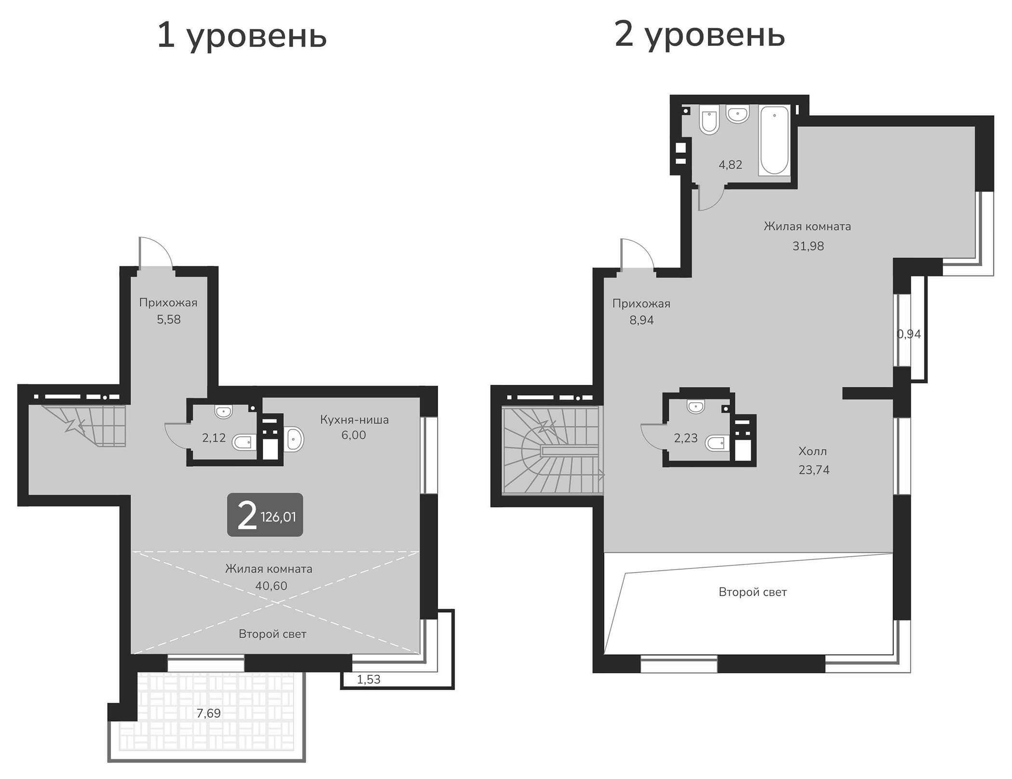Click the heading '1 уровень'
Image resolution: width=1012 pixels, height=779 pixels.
pyautogui.click(x=242, y=36)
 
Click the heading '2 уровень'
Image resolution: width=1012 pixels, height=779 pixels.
pyautogui.click(x=700, y=35)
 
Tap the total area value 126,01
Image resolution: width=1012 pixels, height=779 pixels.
pyautogui.click(x=278, y=517)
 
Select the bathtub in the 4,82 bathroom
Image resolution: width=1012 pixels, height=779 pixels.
pyautogui.click(x=774, y=140)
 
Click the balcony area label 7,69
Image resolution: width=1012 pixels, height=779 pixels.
pyautogui.click(x=209, y=713)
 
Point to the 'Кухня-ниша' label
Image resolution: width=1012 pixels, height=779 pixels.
pyautogui.click(x=354, y=420)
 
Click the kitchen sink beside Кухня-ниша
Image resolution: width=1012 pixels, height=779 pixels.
pyautogui.click(x=294, y=439)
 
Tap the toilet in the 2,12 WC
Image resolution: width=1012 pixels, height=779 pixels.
pyautogui.click(x=244, y=441)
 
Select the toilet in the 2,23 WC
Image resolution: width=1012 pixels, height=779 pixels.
pyautogui.click(x=717, y=442)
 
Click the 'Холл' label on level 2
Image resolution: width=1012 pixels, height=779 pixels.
pyautogui.click(x=812, y=451)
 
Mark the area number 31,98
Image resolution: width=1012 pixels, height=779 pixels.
pyautogui.click(x=808, y=246)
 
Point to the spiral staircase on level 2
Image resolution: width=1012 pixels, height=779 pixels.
pyautogui.click(x=552, y=451)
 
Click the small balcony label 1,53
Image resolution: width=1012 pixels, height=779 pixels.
pyautogui.click(x=369, y=680)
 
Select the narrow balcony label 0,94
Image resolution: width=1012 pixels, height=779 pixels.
pyautogui.click(x=909, y=334)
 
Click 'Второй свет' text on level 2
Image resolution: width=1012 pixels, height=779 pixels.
pyautogui.click(x=752, y=592)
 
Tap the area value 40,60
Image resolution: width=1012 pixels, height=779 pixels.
pyautogui.click(x=271, y=586)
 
